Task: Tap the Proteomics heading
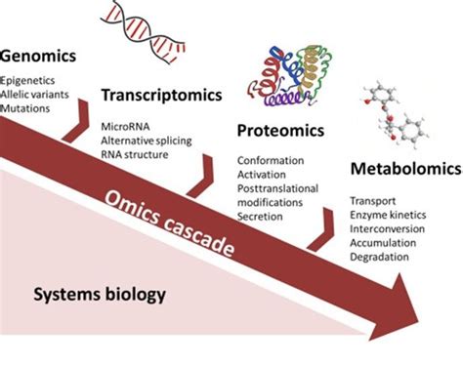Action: click(x=279, y=131)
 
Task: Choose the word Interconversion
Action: click(x=387, y=228)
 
